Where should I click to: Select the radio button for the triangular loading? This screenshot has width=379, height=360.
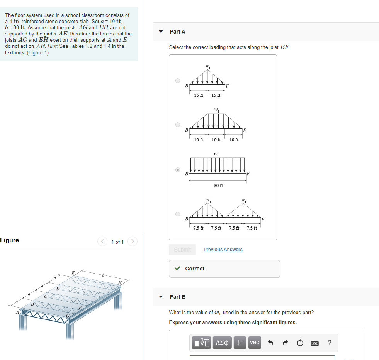coord(178,81)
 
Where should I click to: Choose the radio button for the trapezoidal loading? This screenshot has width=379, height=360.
coord(178,125)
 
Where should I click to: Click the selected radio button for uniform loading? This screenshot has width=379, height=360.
coord(178,169)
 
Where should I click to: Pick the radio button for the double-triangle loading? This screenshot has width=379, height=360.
coord(178,214)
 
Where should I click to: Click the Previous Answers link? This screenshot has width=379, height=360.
coord(223,250)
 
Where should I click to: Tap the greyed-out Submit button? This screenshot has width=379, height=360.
coord(182,250)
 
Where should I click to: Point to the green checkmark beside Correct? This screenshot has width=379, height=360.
coord(177,269)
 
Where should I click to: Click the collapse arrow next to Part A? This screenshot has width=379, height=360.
coord(161,32)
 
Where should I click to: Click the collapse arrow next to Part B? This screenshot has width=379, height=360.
coord(161,297)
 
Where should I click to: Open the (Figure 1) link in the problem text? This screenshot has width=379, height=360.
coord(38,52)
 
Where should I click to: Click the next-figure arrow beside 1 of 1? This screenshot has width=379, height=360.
coord(132,242)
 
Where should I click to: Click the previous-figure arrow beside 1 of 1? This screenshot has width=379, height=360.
coord(103,242)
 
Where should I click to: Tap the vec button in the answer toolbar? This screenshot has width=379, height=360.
coord(255,343)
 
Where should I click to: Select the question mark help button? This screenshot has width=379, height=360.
coord(329,343)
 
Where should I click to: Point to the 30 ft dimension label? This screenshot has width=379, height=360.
coord(218,186)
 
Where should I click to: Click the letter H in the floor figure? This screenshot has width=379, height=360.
coord(120,282)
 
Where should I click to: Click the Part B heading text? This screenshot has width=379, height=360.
coord(178,297)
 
